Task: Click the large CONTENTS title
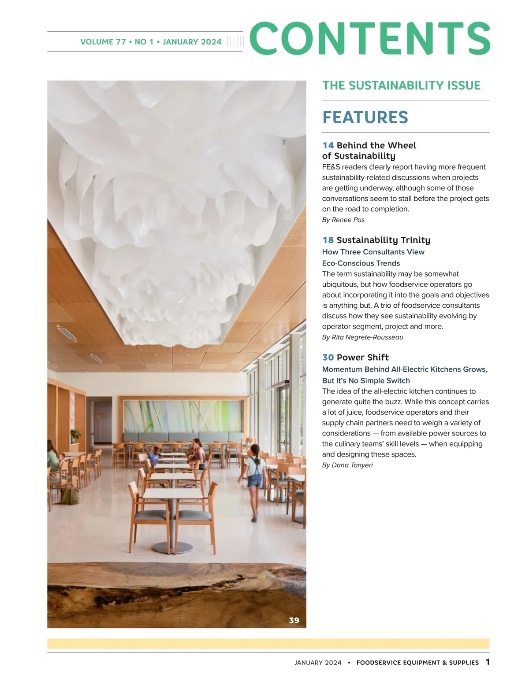click(x=369, y=38)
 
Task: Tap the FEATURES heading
click(x=365, y=117)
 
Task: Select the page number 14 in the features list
click(x=328, y=145)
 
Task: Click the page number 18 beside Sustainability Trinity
click(x=328, y=240)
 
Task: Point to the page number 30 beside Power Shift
click(x=328, y=358)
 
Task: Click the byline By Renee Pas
click(x=343, y=220)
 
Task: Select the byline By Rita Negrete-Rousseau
click(x=362, y=337)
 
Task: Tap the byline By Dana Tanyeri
click(x=347, y=465)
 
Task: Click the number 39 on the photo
click(x=294, y=620)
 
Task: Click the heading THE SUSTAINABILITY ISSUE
click(x=401, y=85)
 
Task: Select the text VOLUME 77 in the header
click(x=103, y=42)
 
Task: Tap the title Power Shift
click(x=362, y=358)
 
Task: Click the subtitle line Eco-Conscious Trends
click(x=361, y=263)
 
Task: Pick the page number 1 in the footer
click(x=488, y=662)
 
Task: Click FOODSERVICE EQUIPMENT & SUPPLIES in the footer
click(x=417, y=663)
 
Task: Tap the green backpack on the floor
click(x=69, y=494)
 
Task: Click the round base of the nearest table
click(x=172, y=547)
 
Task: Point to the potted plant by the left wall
click(x=75, y=435)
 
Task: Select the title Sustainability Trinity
click(x=383, y=240)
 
